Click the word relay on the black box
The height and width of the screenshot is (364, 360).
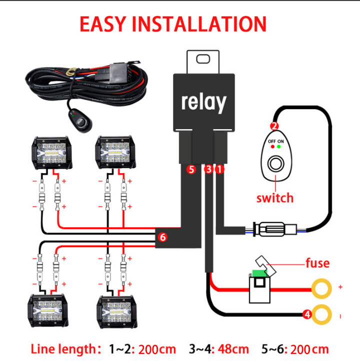[203, 102]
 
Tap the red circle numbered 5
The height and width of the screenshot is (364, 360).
[190, 170]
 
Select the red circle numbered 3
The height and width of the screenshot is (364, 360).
[209, 170]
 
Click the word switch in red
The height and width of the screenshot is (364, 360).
[274, 197]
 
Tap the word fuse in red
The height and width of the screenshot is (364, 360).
[317, 263]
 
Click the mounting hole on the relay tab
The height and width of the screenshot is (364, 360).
[203, 59]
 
